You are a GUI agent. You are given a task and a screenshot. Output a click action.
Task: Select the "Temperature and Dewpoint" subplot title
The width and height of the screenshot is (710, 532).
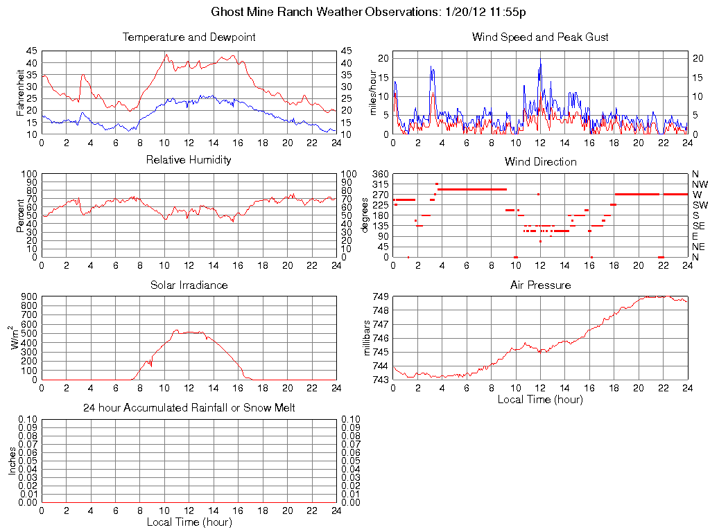(189, 37)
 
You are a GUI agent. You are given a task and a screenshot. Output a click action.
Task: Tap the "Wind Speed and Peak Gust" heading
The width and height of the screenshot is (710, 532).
(540, 37)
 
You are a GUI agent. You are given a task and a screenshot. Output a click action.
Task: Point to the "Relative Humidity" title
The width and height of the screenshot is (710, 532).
(189, 160)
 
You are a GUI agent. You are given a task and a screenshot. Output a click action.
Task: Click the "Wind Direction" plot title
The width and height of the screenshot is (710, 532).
(540, 161)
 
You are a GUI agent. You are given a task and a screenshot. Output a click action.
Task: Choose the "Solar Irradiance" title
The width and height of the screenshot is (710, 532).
(189, 285)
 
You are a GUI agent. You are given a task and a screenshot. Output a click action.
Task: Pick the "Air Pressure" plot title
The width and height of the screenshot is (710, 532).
(540, 285)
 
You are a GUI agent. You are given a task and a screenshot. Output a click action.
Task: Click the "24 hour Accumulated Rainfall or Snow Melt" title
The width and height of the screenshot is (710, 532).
(189, 408)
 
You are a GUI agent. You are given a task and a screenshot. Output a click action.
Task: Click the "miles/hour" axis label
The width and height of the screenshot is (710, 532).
(372, 93)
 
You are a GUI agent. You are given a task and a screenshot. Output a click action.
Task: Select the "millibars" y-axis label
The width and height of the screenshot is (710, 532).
(368, 337)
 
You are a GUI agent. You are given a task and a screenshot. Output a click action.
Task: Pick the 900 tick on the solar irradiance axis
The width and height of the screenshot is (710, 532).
(28, 296)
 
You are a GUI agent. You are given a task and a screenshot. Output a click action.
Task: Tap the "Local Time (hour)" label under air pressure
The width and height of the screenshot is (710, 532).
(540, 399)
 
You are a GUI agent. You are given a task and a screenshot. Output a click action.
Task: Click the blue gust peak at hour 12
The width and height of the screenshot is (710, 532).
(540, 64)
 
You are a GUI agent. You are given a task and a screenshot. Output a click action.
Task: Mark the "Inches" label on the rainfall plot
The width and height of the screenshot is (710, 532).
(12, 460)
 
